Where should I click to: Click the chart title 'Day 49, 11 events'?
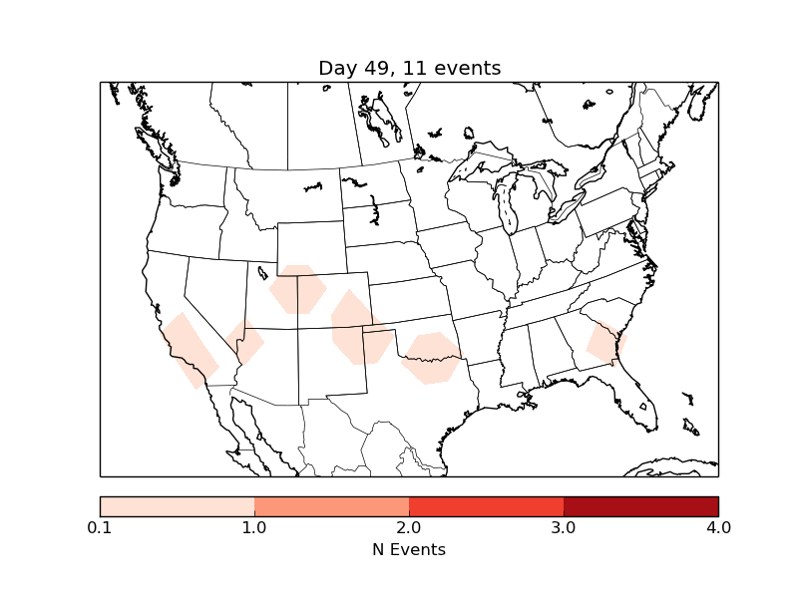pyautogui.click(x=409, y=68)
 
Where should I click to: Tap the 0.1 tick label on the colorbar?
pyautogui.click(x=100, y=527)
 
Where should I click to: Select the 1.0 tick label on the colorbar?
pyautogui.click(x=254, y=527)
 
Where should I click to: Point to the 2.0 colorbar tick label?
pyautogui.click(x=409, y=527)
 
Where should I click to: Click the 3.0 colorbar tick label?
pyautogui.click(x=564, y=527)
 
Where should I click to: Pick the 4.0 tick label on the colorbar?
pyautogui.click(x=718, y=527)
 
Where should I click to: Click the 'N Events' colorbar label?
pyautogui.click(x=409, y=549)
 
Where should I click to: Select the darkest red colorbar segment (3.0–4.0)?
pyautogui.click(x=640, y=506)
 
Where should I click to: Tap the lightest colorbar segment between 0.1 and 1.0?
pyautogui.click(x=177, y=506)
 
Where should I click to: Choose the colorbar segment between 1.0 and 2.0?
pyautogui.click(x=331, y=506)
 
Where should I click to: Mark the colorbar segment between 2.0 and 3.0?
pyautogui.click(x=486, y=506)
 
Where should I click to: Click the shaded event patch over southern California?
pyautogui.click(x=190, y=350)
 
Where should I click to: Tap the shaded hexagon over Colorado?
pyautogui.click(x=297, y=289)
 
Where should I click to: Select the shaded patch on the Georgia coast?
pyautogui.click(x=604, y=343)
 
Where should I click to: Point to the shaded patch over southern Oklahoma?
pyautogui.click(x=431, y=358)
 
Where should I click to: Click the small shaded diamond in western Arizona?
pyautogui.click(x=246, y=343)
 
